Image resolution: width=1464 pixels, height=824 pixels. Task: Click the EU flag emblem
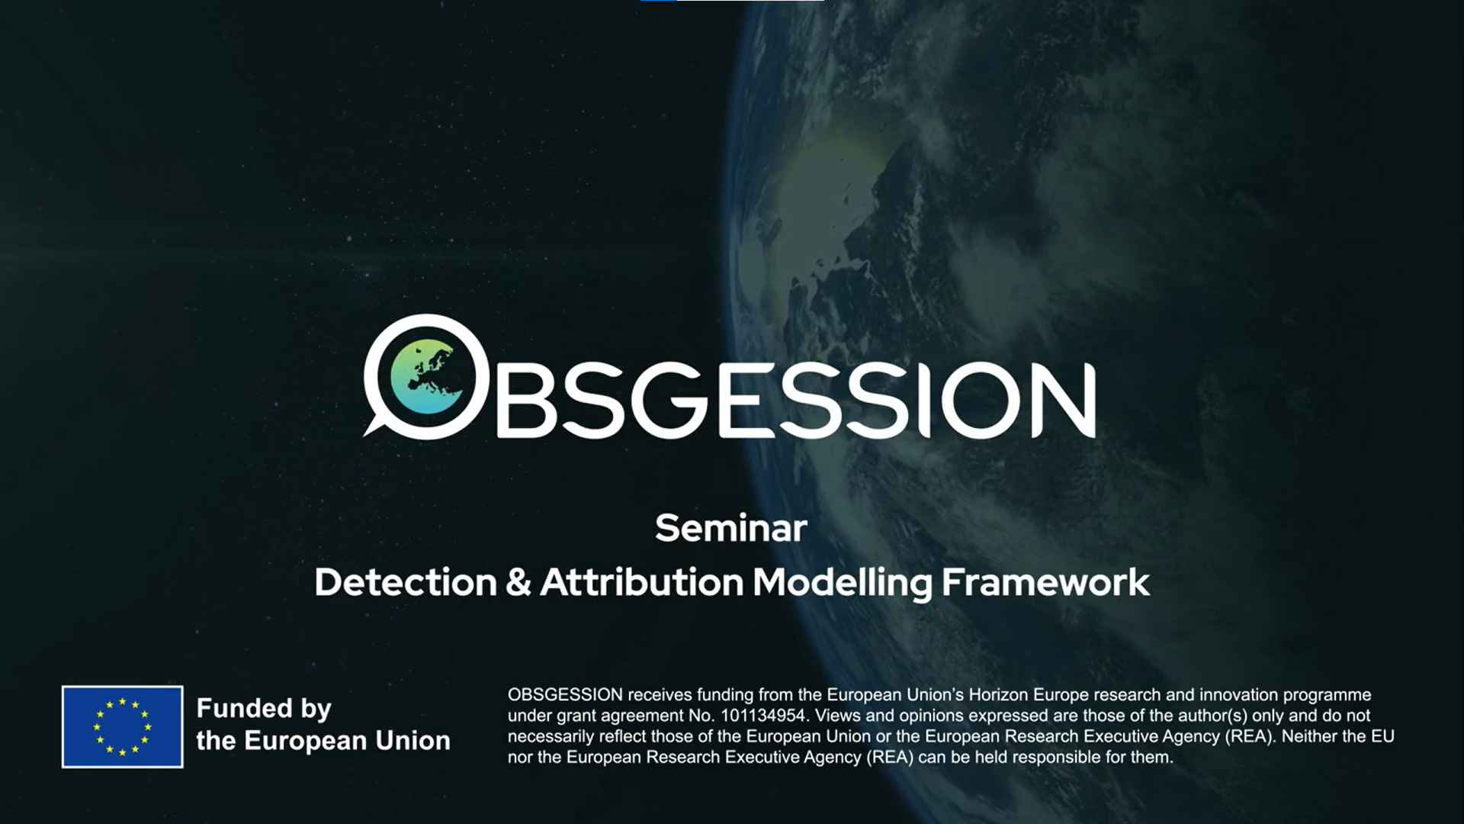click(122, 726)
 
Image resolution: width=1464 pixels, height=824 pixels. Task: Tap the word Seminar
click(730, 529)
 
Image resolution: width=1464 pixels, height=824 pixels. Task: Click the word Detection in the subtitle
click(406, 583)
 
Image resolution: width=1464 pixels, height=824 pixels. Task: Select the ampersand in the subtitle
click(518, 583)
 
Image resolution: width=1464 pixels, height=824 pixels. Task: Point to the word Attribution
click(641, 583)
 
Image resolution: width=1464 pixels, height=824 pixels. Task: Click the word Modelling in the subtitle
click(842, 583)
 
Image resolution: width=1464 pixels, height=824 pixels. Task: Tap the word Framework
click(1045, 583)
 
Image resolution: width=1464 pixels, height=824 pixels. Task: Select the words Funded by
click(264, 709)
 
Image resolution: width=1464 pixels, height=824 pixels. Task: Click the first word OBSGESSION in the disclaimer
click(565, 695)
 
